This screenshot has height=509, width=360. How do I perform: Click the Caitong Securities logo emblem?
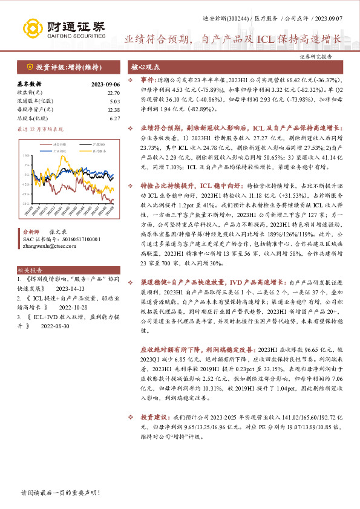click(33, 27)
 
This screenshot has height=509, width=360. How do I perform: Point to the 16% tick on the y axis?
click(25, 155)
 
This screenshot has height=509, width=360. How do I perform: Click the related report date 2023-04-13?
click(71, 289)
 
